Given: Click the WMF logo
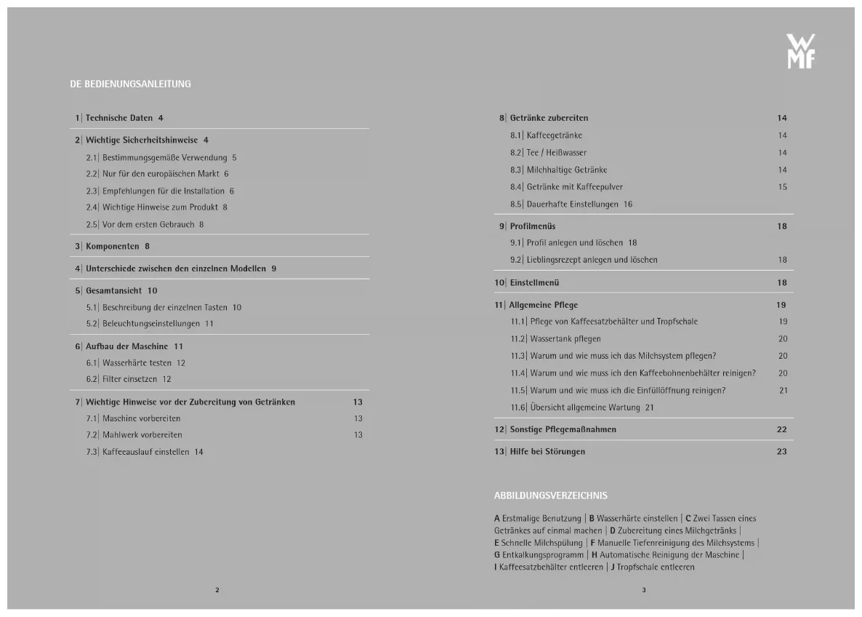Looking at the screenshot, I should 801,52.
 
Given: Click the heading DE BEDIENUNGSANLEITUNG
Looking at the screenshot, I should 130,84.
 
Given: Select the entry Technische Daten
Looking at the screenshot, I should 119,118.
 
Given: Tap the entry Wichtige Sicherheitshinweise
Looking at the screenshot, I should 147,140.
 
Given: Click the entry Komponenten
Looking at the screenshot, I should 112,247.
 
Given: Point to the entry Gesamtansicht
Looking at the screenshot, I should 113,290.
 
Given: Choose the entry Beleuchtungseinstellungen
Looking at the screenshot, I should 151,324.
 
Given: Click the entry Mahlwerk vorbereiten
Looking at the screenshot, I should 142,435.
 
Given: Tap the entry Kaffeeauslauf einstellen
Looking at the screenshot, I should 145,452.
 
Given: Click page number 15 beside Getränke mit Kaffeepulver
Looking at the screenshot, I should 782,187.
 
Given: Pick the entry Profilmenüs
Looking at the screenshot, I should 532,226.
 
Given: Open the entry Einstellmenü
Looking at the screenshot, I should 534,282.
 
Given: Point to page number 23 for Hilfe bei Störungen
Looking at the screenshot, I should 781,452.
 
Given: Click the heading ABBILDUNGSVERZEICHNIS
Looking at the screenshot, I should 551,495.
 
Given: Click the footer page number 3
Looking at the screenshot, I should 643,590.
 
